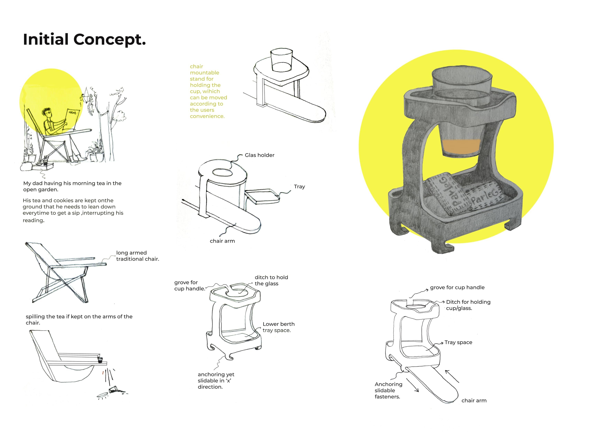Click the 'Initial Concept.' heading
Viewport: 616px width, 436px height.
84,39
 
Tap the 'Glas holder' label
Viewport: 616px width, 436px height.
259,155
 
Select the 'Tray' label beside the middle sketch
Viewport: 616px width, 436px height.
299,187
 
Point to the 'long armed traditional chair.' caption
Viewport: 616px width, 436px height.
138,256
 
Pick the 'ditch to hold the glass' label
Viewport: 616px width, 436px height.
271,280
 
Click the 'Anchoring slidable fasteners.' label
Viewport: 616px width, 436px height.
388,390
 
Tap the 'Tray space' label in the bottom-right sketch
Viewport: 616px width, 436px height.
458,342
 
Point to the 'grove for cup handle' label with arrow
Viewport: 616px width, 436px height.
457,288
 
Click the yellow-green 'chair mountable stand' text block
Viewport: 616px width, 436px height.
208,91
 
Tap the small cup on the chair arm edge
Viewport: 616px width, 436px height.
100,360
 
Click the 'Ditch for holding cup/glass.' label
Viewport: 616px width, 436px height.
468,305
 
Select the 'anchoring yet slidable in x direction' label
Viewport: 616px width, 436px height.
216,380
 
